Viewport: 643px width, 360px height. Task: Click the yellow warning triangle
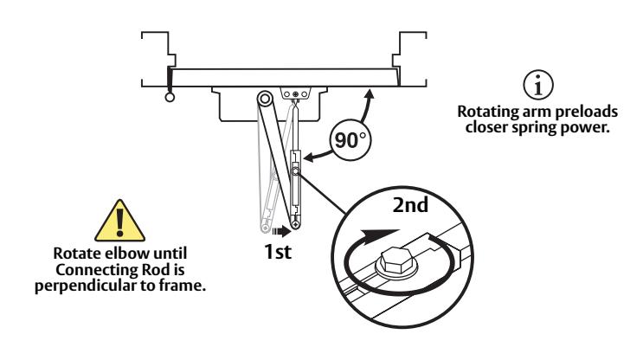[119, 222]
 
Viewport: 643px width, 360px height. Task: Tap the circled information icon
[538, 85]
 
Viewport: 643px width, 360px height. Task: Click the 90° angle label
[350, 140]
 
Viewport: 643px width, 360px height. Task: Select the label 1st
[278, 251]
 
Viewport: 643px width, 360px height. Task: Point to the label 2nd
[410, 205]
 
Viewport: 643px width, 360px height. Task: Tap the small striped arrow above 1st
[281, 232]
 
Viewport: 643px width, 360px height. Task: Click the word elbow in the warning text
[128, 253]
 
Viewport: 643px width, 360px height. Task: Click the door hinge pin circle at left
[170, 97]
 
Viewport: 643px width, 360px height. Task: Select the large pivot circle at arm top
[266, 99]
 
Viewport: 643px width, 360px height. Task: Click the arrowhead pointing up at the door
[370, 94]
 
